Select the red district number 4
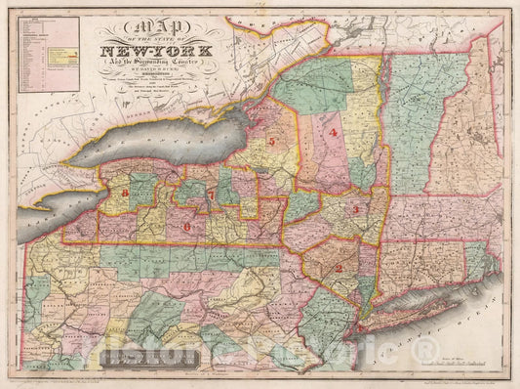pyautogui.click(x=334, y=132)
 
